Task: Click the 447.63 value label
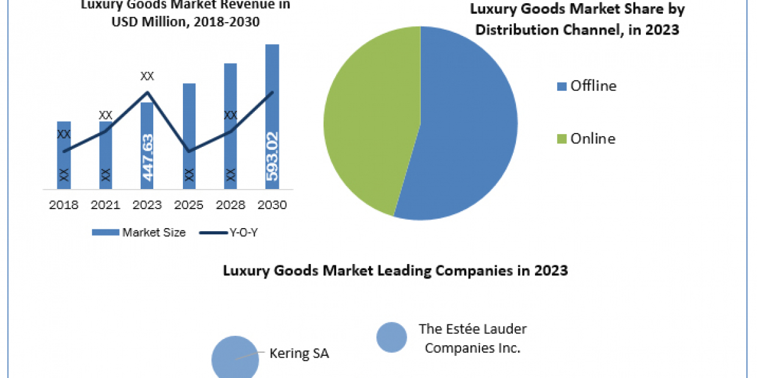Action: click(148, 157)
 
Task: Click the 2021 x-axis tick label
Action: click(105, 205)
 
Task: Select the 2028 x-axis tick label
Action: click(230, 205)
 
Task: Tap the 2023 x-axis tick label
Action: click(147, 205)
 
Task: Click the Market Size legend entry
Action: click(139, 232)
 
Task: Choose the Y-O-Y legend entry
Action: click(230, 232)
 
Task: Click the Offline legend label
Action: click(593, 86)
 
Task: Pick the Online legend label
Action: click(592, 139)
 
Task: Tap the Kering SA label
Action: click(299, 353)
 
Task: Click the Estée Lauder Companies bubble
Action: click(392, 337)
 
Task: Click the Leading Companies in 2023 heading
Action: click(396, 271)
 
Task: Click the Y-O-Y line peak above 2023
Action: click(148, 93)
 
